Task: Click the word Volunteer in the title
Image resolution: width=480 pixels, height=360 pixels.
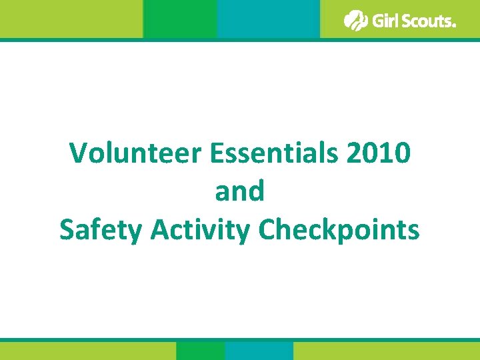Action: (x=135, y=153)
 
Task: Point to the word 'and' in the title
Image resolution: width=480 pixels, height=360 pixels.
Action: (x=240, y=192)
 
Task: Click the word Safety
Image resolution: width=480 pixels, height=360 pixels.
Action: (x=101, y=231)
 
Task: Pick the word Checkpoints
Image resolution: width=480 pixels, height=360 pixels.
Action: (x=339, y=231)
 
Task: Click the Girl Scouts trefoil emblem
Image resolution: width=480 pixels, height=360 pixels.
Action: (x=356, y=21)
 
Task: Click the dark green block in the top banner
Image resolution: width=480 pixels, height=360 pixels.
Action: (x=180, y=19)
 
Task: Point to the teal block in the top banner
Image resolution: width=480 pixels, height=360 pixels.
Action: (x=269, y=19)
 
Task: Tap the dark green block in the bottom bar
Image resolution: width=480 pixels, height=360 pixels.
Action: (x=200, y=351)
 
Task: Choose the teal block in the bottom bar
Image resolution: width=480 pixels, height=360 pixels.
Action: (x=259, y=351)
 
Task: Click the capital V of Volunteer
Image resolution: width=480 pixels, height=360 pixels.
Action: (x=79, y=153)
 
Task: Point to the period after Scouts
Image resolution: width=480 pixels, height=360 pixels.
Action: (x=454, y=26)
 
